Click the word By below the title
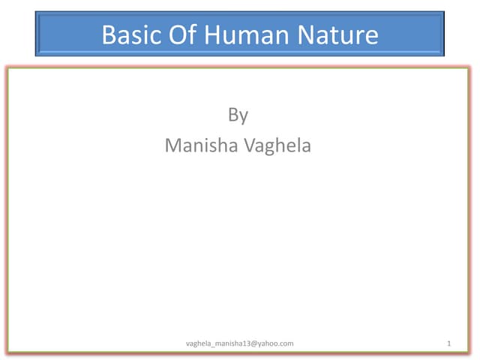click(238, 115)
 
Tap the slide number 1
click(448, 343)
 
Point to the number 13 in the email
click(246, 343)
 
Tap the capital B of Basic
click(107, 34)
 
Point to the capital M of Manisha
click(172, 145)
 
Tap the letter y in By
click(243, 117)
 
